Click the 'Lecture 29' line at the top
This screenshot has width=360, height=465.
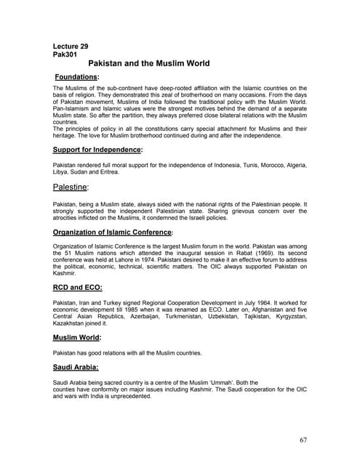pyautogui.click(x=71, y=46)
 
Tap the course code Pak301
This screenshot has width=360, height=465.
pyautogui.click(x=65, y=54)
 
